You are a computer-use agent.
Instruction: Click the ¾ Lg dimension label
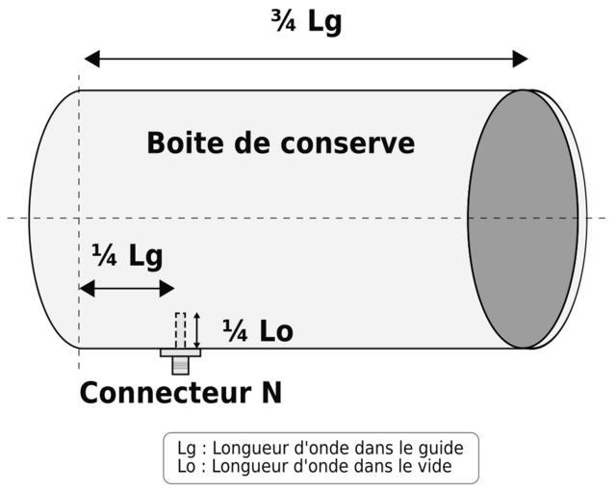tap(306, 21)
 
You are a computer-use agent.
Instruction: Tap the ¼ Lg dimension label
tap(127, 256)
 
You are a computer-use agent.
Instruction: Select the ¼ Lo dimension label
tap(257, 331)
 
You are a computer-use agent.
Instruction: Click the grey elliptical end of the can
tap(523, 219)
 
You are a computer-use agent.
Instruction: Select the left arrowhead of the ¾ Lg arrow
tap(92, 59)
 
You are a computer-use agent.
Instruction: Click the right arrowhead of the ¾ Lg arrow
tap(520, 59)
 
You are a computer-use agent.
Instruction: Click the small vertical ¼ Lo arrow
tap(197, 330)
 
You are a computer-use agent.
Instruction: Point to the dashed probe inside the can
tap(180, 329)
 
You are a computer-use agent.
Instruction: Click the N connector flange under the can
tap(180, 352)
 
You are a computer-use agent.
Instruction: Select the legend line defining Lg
tap(320, 448)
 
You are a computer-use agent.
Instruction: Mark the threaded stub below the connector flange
tap(180, 365)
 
